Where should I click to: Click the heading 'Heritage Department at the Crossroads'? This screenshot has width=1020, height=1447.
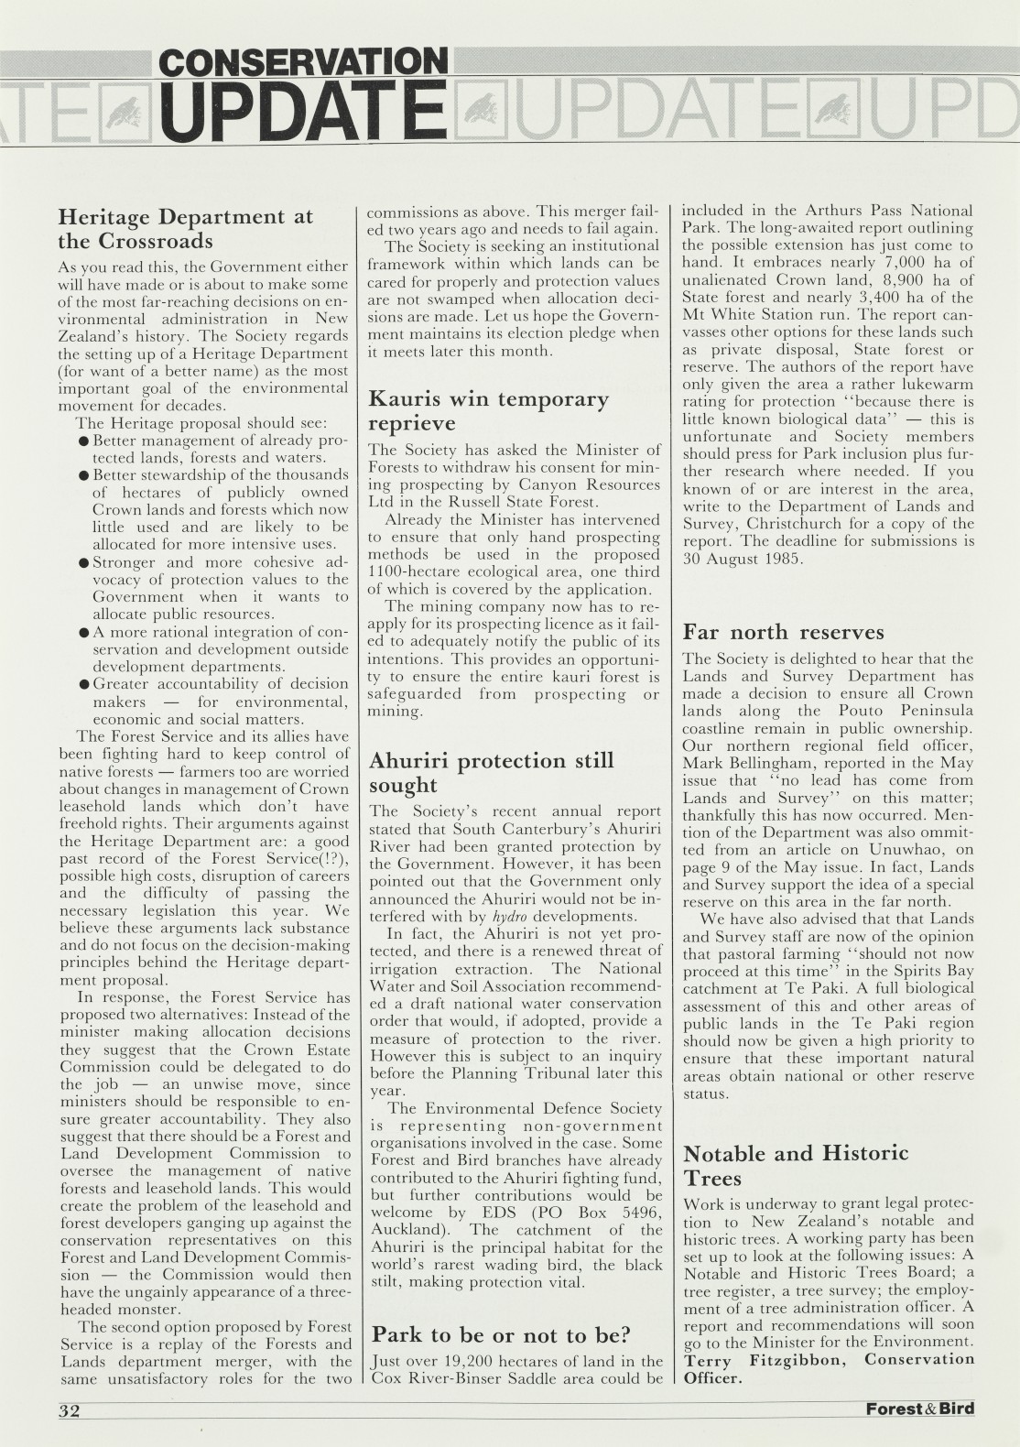point(185,229)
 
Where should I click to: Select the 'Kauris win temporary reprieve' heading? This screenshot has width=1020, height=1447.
point(488,410)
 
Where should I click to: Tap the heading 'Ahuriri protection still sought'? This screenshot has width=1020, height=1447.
point(491,772)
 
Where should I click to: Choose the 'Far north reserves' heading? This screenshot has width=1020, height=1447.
point(783,632)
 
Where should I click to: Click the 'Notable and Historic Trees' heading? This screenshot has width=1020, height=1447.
point(796,1165)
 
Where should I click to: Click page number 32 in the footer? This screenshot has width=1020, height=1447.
point(70,1410)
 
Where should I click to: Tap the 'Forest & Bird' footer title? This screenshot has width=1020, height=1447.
point(919,1409)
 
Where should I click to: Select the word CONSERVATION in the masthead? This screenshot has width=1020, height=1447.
point(303,62)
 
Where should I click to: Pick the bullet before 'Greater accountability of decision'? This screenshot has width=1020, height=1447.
point(83,684)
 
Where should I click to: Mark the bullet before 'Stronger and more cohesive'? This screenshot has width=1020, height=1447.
point(83,562)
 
